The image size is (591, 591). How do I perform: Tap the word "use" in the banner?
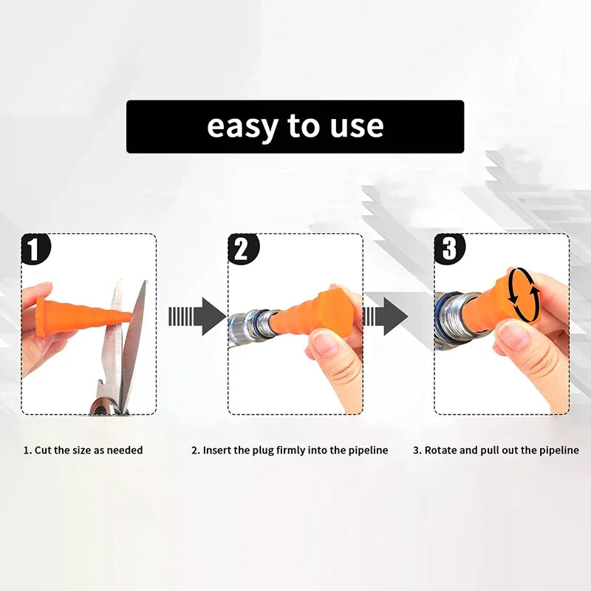pos(357,126)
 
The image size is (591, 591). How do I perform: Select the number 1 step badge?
pos(35,249)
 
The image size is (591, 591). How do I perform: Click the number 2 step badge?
pos(244,249)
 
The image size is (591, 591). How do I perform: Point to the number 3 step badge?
pos(450,249)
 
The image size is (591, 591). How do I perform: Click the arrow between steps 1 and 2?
pos(197,316)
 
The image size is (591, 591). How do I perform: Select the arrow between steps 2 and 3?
pos(385,316)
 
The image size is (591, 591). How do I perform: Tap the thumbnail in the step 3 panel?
pos(513,335)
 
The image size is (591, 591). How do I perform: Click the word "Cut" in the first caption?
pos(43,450)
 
